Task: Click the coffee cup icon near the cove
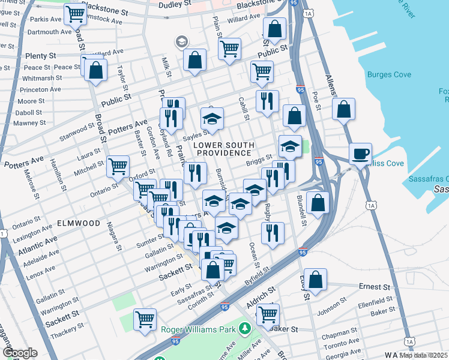(x=360, y=154)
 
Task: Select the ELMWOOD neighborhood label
(x=79, y=223)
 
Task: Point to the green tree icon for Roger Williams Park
(x=244, y=328)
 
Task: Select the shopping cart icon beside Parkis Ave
(x=75, y=13)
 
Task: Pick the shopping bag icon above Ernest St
(x=315, y=278)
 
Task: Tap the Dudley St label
(x=175, y=5)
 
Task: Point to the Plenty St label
(x=40, y=56)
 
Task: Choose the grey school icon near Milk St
(x=181, y=42)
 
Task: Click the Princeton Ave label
(x=41, y=89)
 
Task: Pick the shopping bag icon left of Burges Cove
(x=343, y=110)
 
